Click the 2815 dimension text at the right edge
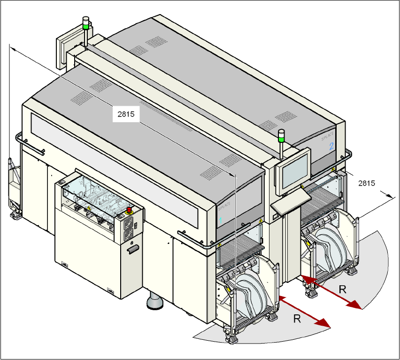(367, 183)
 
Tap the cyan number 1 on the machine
(220, 220)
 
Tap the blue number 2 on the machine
(331, 146)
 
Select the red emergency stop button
(130, 210)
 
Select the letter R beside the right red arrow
(343, 290)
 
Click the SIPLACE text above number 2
(328, 136)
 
